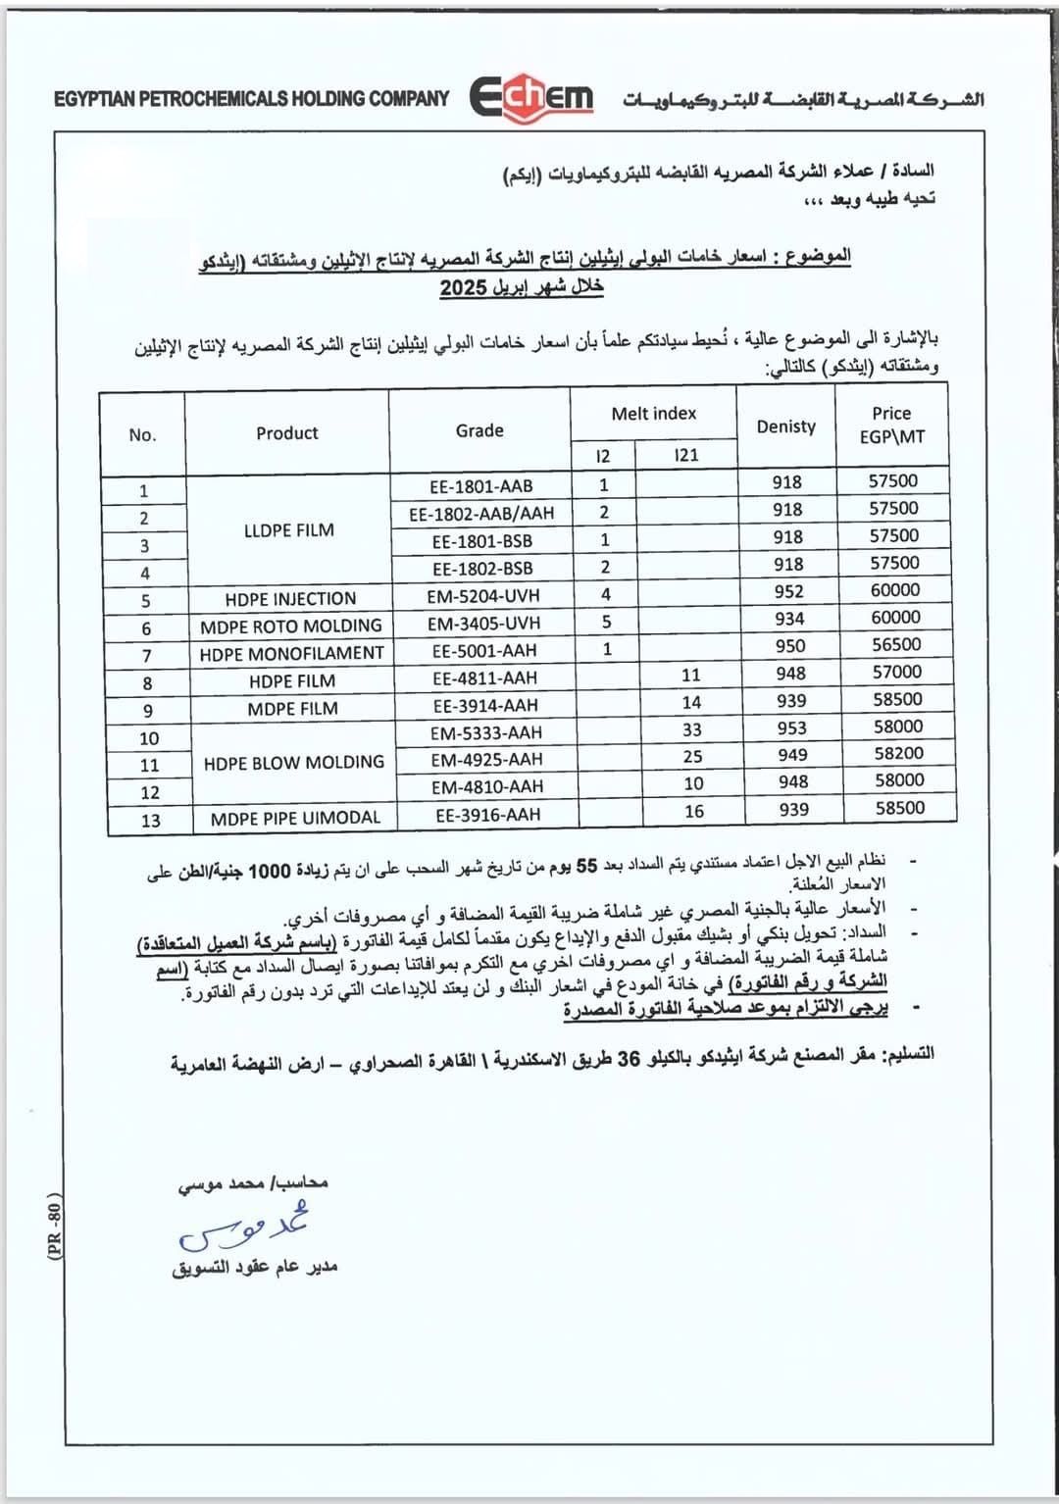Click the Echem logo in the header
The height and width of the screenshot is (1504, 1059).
[532, 99]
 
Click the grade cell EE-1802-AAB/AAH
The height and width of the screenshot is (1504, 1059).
[479, 513]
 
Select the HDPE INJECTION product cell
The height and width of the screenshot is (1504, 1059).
[290, 598]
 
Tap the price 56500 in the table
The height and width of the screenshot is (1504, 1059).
[895, 644]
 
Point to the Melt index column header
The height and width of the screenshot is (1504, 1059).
[653, 414]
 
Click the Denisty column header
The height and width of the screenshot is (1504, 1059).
[785, 426]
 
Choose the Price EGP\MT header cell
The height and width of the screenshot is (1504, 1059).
[891, 425]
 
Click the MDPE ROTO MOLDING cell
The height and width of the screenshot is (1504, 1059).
[290, 626]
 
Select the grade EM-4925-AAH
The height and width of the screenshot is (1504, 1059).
[485, 759]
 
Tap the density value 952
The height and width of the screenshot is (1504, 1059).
[788, 591]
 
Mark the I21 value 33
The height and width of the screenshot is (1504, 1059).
[692, 729]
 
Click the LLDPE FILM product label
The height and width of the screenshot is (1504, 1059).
[288, 529]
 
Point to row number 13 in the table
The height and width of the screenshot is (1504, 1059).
[150, 820]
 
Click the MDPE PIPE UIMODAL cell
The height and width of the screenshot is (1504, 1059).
[294, 818]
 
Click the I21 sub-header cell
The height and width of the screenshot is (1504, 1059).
[686, 455]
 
